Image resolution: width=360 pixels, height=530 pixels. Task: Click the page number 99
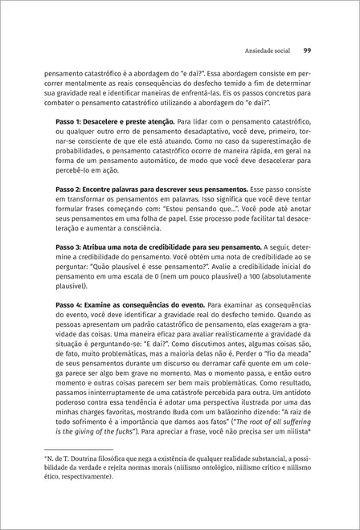(x=308, y=51)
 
